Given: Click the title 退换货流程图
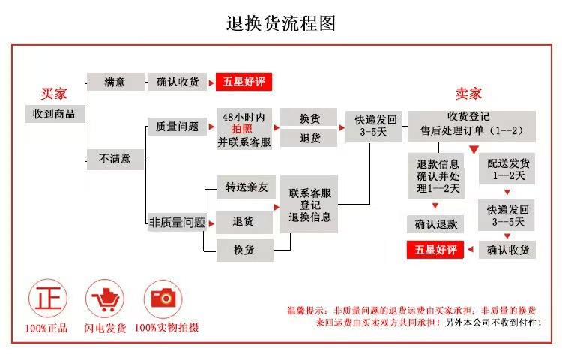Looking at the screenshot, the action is tap(281, 24).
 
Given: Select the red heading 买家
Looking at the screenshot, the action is tap(54, 94).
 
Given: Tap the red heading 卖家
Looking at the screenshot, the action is tap(468, 94).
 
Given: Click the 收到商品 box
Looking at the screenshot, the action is tap(54, 114).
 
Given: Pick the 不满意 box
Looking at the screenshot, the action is tap(115, 159).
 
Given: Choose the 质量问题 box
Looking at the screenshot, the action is tap(177, 127).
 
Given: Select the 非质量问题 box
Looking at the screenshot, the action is tap(177, 223).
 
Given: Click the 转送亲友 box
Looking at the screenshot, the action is tap(247, 187).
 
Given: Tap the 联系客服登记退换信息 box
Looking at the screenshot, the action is tap(309, 205).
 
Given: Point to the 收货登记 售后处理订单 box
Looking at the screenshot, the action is tap(471, 127).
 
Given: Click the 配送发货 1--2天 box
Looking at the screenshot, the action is tap(507, 169).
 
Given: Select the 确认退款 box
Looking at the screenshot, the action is tap(435, 224).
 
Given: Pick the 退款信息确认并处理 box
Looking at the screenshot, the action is tap(436, 176).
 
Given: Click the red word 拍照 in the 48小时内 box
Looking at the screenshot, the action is tap(242, 129).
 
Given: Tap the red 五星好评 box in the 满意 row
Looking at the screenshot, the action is tap(244, 82).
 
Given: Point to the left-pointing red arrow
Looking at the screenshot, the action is tap(471, 249).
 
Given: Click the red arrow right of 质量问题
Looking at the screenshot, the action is tap(211, 127).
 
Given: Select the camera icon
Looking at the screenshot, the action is tap(163, 298).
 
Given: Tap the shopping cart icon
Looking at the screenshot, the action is tap(105, 298).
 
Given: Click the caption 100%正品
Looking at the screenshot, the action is tap(46, 328).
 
